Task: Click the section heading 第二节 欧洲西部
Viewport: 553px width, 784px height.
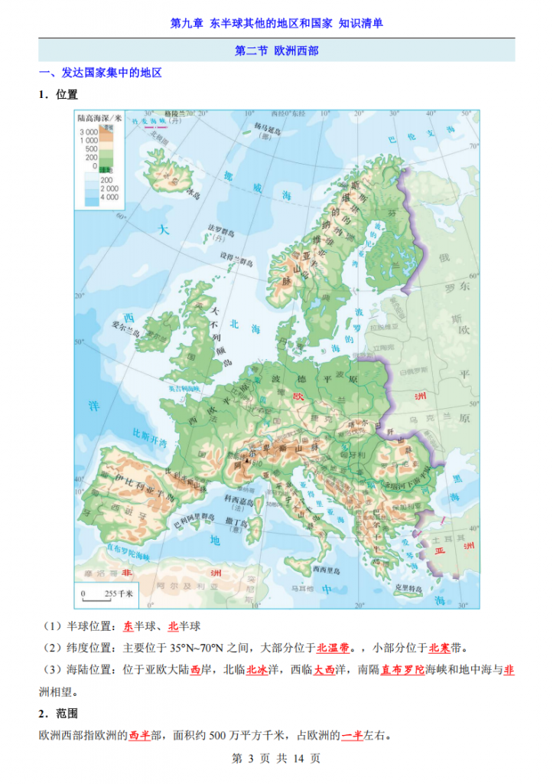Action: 276,51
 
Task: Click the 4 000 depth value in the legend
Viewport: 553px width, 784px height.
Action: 109,197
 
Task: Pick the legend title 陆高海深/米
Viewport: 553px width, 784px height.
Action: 99,119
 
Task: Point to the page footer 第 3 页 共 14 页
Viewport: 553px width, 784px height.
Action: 276,759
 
